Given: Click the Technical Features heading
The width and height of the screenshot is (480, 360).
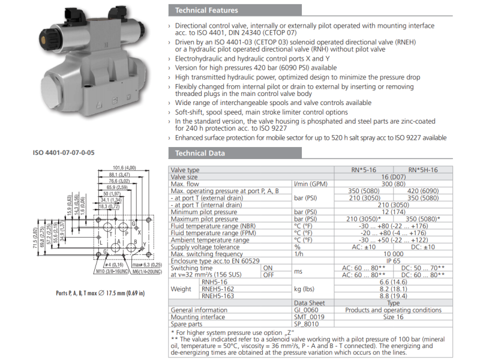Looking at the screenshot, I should click(x=206, y=10).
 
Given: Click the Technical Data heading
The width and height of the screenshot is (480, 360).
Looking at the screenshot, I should click(x=200, y=153).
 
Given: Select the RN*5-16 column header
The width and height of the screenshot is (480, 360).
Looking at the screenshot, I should click(x=364, y=170).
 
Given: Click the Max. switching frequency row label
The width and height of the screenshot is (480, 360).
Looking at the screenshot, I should click(x=206, y=254).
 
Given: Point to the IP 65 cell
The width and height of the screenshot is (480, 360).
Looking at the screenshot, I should click(x=394, y=261).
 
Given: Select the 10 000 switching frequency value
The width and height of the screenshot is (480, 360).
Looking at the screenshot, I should click(x=394, y=254).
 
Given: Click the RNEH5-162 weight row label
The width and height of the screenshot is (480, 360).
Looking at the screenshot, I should click(x=218, y=289).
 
